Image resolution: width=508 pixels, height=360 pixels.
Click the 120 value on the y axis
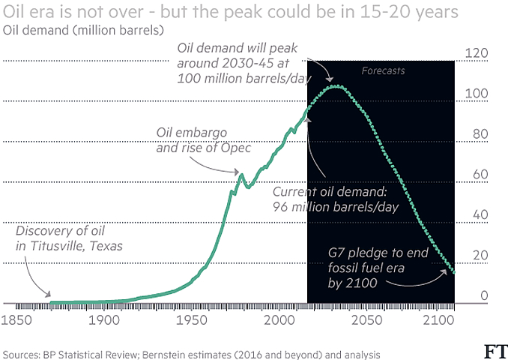477,52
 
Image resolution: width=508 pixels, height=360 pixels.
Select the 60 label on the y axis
480,175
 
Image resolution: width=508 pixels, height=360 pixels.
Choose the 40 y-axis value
480,215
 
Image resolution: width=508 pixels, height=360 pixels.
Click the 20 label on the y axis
480,256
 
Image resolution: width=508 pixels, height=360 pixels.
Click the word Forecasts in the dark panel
383,71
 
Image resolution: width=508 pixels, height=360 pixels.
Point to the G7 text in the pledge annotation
336,253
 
